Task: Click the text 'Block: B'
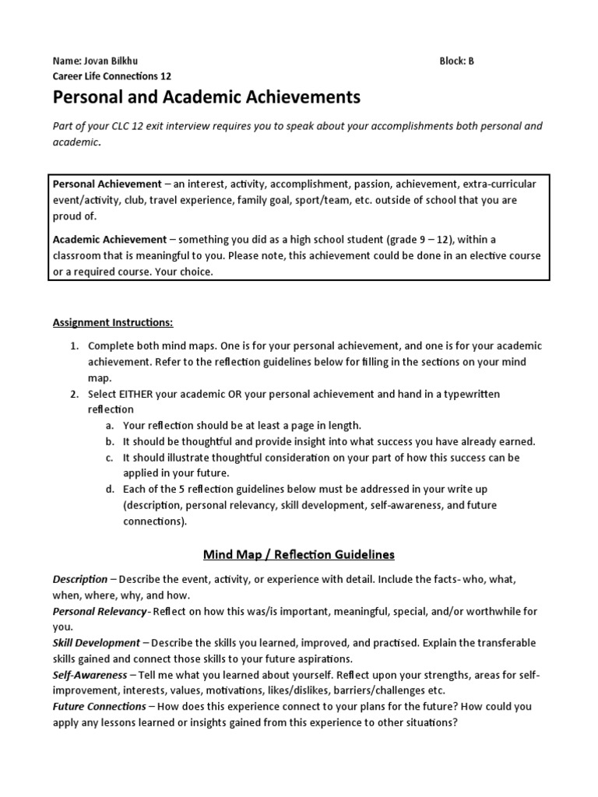coord(456,61)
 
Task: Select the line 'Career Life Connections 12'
coord(111,76)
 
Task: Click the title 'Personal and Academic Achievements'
coord(206,98)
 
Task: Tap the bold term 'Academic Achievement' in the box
coord(109,240)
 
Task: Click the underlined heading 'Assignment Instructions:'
coord(114,321)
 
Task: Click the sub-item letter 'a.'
coord(110,425)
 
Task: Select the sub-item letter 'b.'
coord(110,441)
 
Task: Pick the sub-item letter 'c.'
coord(110,458)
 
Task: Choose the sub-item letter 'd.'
coord(110,490)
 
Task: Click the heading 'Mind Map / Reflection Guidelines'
coord(299,555)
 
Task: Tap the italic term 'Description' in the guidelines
coord(80,580)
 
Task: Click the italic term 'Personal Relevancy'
coord(99,612)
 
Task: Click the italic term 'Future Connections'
coord(99,706)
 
